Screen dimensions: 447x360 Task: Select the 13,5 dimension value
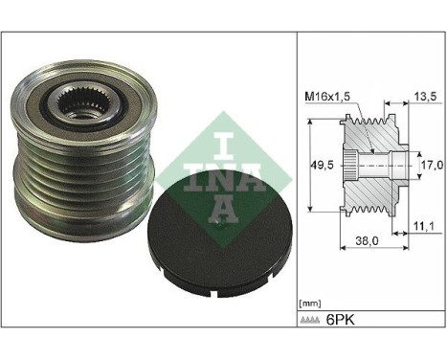click(424, 96)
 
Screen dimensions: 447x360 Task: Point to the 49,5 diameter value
click(323, 165)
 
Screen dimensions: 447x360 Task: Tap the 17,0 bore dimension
click(432, 165)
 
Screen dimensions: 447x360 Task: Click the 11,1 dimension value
click(424, 226)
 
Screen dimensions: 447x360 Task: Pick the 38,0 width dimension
click(368, 240)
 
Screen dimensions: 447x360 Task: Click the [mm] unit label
click(310, 304)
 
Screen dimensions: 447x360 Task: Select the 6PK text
click(340, 320)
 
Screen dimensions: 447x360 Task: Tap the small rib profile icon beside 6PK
click(310, 320)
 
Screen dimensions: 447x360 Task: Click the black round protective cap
click(220, 236)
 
